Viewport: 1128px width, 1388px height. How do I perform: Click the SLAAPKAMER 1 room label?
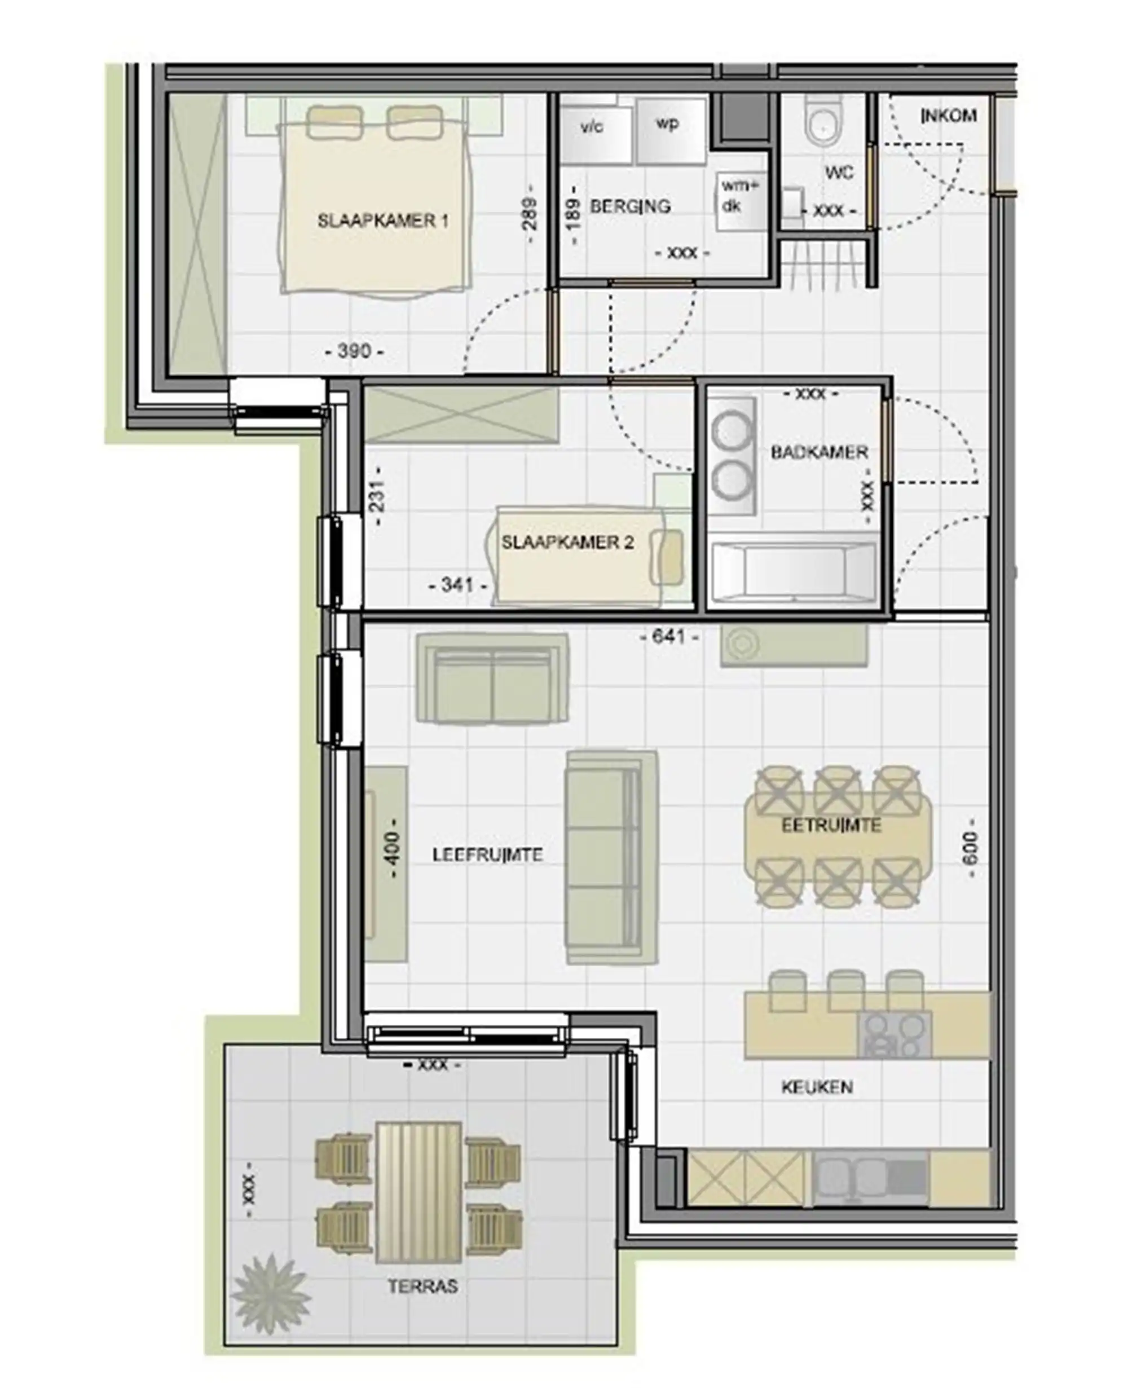click(x=383, y=221)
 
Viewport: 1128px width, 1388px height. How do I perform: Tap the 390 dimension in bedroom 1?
click(x=354, y=351)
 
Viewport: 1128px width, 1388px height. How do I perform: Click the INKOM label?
click(x=949, y=116)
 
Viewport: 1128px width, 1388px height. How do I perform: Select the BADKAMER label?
click(x=819, y=452)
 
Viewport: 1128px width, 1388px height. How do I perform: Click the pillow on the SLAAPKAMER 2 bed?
click(x=668, y=556)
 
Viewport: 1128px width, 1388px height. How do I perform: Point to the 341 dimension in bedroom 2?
click(x=457, y=585)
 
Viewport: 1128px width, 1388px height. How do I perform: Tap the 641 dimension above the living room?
click(x=669, y=637)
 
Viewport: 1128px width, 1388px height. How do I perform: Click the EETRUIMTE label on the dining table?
click(x=831, y=825)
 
